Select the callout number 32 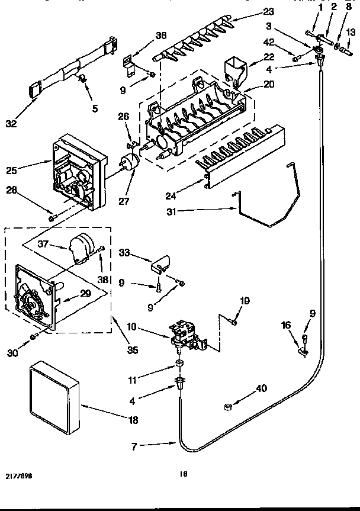tap(11, 124)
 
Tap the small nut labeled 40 tap(227, 407)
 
